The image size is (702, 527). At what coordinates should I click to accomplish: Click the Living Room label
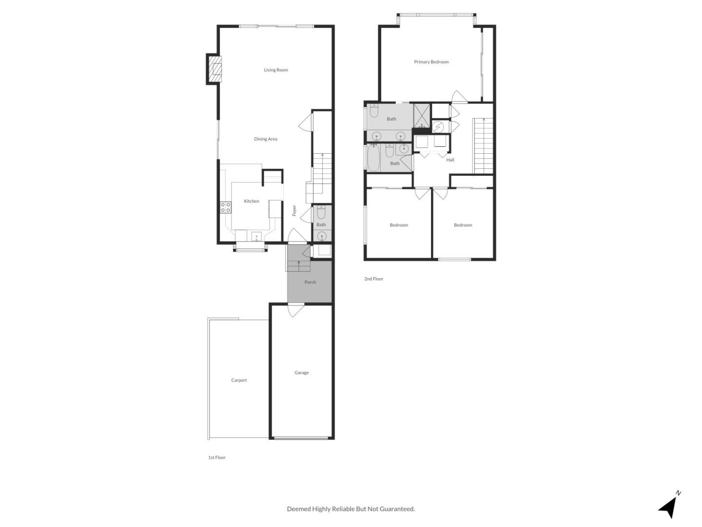pos(276,70)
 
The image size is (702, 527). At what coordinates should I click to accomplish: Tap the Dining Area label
pos(266,139)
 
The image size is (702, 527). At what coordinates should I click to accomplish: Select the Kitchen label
pos(252,201)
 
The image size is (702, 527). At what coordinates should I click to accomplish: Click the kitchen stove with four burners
pos(226,207)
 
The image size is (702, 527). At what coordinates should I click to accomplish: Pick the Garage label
pos(301,372)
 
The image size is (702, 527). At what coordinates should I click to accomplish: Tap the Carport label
pos(239,380)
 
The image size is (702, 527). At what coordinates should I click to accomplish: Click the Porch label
pos(310,282)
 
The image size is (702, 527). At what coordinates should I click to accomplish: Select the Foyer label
pos(294,210)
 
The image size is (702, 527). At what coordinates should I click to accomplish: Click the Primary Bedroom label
pos(431,62)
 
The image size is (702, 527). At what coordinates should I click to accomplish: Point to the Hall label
pos(450,160)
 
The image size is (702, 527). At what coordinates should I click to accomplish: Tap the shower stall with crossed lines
pos(422,116)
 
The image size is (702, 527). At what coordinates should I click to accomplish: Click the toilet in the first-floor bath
pos(321,212)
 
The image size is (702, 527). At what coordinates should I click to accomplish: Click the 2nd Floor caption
pos(373,279)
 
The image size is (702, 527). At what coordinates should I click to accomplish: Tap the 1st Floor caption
pos(217,457)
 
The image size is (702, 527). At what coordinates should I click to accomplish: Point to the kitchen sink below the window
pos(256,237)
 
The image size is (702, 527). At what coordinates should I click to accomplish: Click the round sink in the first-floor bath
pos(322,237)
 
